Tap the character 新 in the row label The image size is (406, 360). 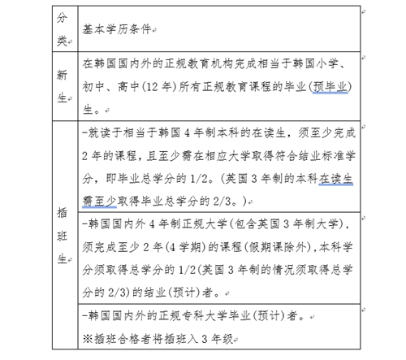63,74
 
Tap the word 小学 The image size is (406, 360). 342,62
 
